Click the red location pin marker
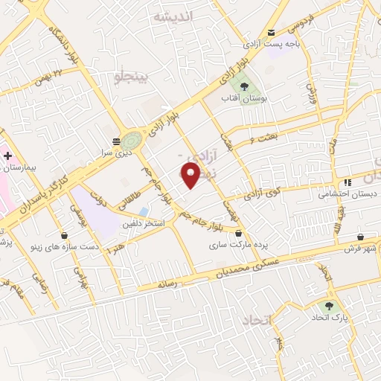coord(191,174)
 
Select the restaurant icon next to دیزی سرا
coord(115,141)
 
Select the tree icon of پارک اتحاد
coord(327,306)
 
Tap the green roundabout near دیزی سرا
coord(132,139)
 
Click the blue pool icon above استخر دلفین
coord(142,211)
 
